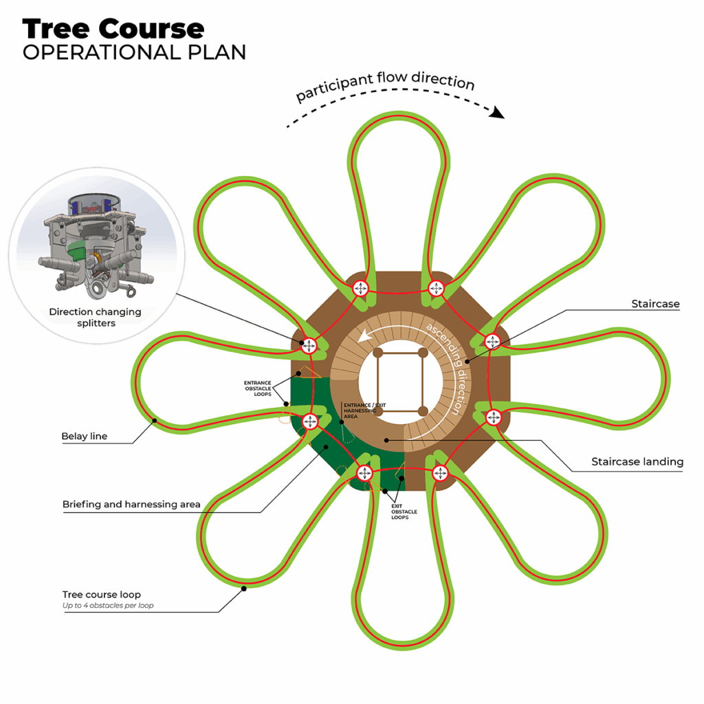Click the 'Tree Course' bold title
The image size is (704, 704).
(x=113, y=29)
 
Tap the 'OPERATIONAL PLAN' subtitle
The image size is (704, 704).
(x=134, y=52)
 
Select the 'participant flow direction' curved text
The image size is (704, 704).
(x=386, y=84)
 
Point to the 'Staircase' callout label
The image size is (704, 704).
(x=654, y=304)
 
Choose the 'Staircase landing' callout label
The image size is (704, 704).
(x=637, y=462)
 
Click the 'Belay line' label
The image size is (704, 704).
(x=85, y=436)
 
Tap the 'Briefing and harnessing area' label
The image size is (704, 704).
(x=131, y=504)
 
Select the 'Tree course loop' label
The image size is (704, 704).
(x=101, y=594)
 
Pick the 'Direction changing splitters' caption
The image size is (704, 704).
(x=95, y=317)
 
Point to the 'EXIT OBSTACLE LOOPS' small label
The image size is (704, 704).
(x=404, y=511)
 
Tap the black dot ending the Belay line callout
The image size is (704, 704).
(x=155, y=420)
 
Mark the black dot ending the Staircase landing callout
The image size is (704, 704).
(x=386, y=439)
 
